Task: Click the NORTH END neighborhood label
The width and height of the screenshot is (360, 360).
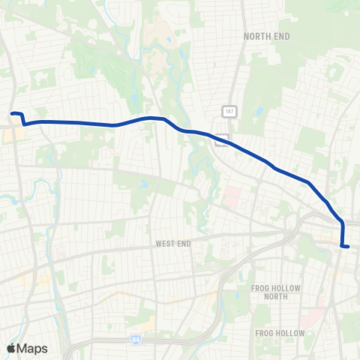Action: (x=267, y=35)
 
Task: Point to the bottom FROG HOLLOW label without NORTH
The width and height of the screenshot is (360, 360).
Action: (x=280, y=332)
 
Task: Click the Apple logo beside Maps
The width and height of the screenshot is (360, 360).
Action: (x=12, y=348)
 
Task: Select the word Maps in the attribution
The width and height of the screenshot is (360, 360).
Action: (x=34, y=348)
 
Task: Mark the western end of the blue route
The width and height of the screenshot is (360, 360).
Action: (x=12, y=114)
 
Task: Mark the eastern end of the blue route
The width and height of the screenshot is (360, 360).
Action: (x=348, y=245)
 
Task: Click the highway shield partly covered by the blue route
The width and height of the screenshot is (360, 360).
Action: (x=220, y=139)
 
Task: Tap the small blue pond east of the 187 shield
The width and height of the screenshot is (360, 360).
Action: (x=258, y=113)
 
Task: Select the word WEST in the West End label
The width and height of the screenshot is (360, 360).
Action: (x=165, y=244)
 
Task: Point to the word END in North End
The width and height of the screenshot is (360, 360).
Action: (x=282, y=35)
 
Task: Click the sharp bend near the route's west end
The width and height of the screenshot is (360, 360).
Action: (x=25, y=124)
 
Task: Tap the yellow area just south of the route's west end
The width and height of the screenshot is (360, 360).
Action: (x=14, y=135)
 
